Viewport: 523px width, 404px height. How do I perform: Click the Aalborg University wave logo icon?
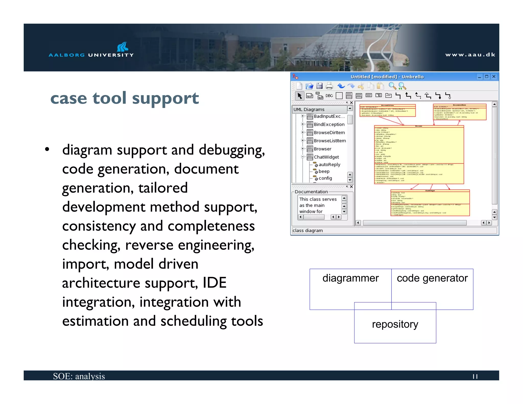point(123,47)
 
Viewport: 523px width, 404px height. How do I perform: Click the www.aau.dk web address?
point(470,55)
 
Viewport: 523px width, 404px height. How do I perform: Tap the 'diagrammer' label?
point(350,278)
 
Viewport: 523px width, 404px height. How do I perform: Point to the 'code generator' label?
point(432,278)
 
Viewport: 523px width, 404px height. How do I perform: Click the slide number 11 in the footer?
point(475,376)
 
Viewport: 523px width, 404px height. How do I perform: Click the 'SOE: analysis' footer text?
point(79,376)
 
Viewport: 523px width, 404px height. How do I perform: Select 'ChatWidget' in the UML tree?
point(326,157)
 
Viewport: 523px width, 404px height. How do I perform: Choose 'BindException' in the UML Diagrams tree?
point(329,124)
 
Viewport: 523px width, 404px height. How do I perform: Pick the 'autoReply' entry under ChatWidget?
point(329,165)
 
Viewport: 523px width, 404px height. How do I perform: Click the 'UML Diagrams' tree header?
point(309,109)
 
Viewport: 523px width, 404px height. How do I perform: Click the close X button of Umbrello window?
point(494,77)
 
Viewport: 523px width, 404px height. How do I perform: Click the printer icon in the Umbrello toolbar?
point(329,86)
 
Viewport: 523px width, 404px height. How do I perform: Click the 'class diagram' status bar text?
point(308,231)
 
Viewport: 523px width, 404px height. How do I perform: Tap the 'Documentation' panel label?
point(311,192)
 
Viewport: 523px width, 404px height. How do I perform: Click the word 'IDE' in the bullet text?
point(215,283)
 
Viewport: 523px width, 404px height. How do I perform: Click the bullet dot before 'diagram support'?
point(47,149)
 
